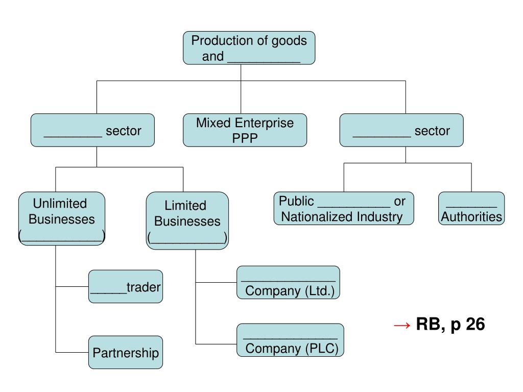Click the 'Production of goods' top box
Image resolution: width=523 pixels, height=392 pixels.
[x=249, y=48]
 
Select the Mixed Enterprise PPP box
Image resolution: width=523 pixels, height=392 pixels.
[x=245, y=130]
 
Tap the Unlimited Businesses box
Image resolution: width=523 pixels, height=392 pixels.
[x=62, y=218]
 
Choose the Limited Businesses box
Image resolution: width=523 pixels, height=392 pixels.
[x=187, y=220]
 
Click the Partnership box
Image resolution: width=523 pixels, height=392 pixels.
[x=126, y=353]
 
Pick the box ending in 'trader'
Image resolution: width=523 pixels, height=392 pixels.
[x=126, y=287]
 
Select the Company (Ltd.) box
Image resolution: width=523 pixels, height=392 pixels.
[x=288, y=282]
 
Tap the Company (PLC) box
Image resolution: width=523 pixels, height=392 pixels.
[x=290, y=340]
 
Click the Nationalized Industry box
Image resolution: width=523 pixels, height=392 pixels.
[x=343, y=208]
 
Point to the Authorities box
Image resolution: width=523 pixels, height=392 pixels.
[x=471, y=208]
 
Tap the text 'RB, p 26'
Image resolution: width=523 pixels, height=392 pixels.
[x=450, y=324]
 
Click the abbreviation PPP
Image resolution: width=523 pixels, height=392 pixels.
[x=245, y=138]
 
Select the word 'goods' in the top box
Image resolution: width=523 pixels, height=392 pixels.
[x=289, y=41]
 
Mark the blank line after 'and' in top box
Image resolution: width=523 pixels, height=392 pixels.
[x=264, y=57]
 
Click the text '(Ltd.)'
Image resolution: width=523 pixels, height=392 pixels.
[x=319, y=291]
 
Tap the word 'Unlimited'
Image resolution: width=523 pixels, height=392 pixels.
[x=60, y=204]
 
